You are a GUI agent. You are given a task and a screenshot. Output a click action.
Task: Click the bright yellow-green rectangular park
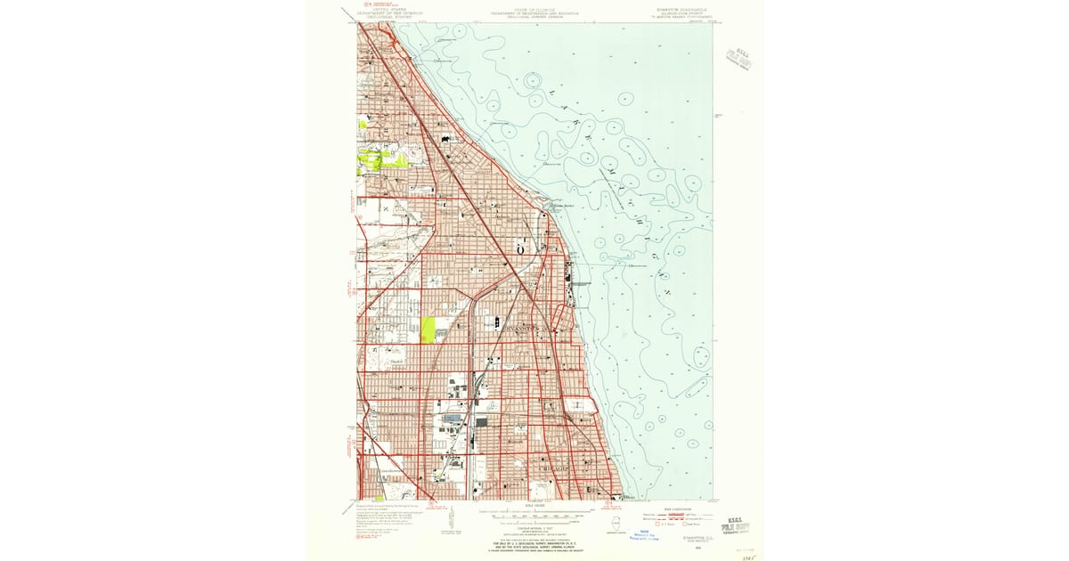click(428, 329)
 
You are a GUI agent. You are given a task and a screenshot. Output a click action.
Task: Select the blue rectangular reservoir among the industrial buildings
click(452, 417)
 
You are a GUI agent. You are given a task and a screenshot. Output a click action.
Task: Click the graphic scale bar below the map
click(534, 514)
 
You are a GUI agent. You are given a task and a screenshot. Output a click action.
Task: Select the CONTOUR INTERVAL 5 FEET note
click(534, 525)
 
